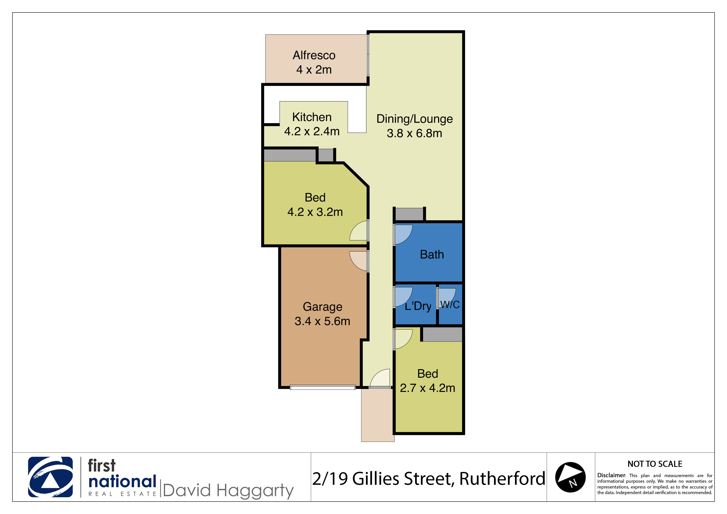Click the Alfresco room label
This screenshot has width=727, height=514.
click(314, 55)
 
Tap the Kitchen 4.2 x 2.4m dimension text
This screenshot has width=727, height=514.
click(312, 131)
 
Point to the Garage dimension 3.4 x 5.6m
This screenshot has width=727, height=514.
click(322, 321)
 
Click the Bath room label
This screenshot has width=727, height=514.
click(432, 255)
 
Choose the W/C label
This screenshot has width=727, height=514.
click(450, 305)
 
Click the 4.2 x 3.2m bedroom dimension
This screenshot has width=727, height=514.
click(315, 212)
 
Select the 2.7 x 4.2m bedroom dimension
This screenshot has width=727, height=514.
click(428, 388)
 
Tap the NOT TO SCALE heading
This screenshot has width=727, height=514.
click(655, 464)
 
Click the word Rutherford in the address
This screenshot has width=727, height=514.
click(502, 479)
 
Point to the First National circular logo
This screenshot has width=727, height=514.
click(50, 477)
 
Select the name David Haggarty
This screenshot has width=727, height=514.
click(228, 491)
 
